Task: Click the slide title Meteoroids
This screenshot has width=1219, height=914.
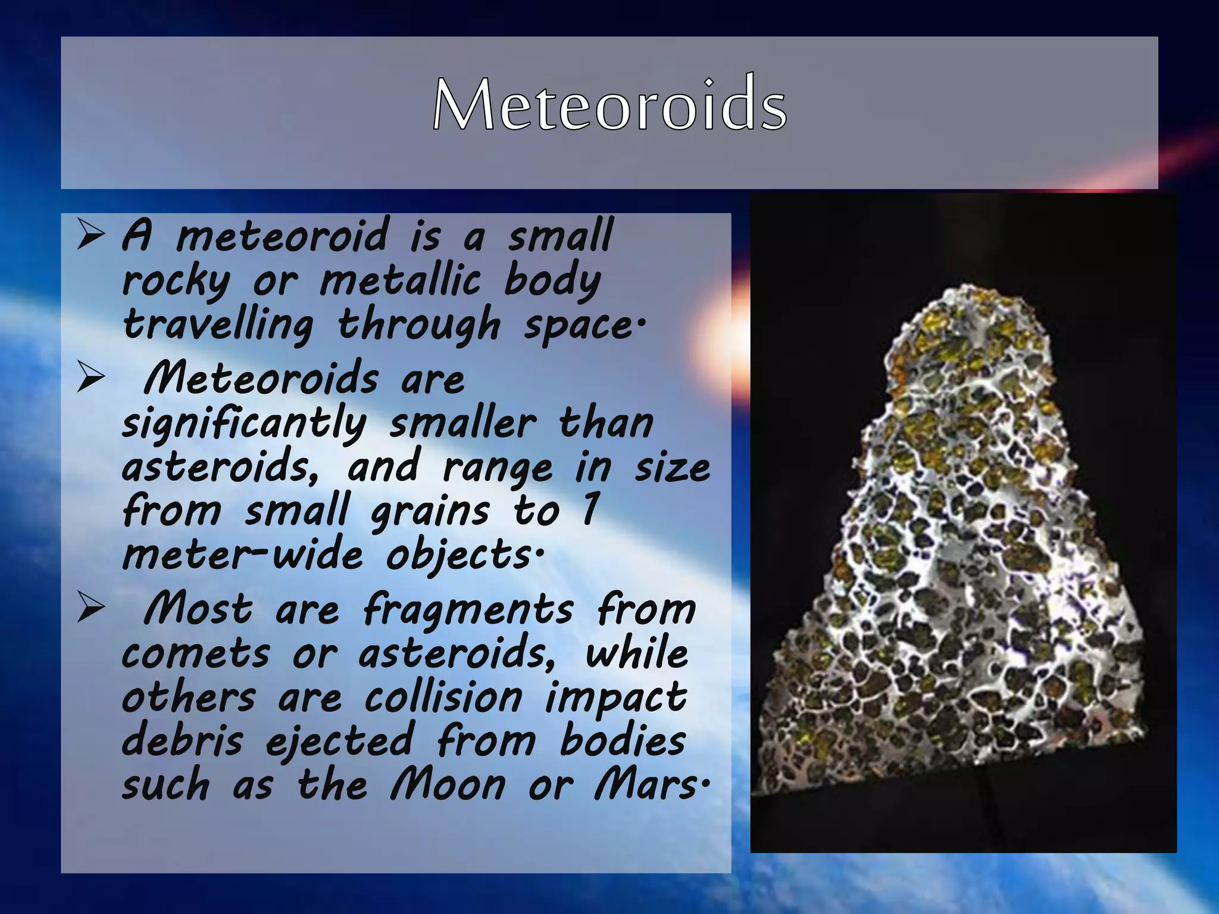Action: pos(609,105)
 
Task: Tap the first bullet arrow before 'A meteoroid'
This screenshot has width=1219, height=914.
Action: pos(91,235)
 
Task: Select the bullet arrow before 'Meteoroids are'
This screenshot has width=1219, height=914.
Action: pos(91,378)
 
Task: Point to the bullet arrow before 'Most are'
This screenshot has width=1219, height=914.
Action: pos(91,609)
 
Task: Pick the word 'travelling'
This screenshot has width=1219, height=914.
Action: pos(218,325)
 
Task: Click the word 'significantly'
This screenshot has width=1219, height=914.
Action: pos(244,424)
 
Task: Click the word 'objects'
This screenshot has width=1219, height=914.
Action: pos(461,555)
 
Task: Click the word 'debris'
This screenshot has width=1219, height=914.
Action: pos(182,741)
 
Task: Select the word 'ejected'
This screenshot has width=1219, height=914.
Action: pos(339,742)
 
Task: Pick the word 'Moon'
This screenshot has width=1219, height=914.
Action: pos(448,785)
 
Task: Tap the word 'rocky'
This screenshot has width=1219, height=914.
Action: pos(176,281)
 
